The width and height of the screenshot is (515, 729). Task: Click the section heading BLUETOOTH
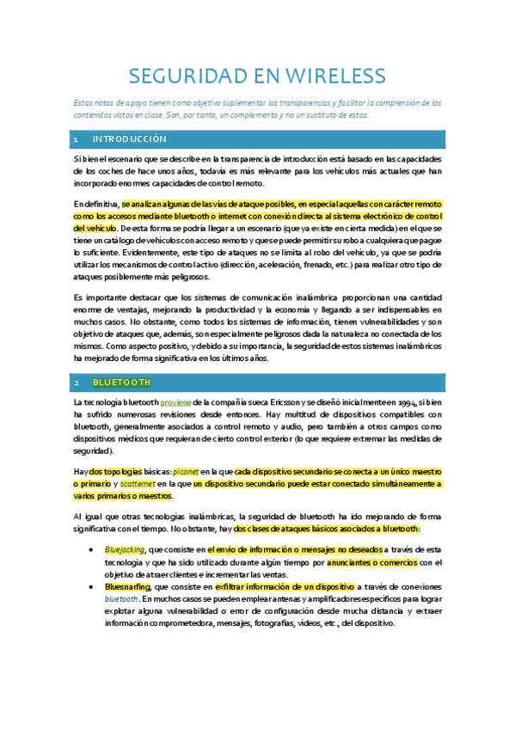pyautogui.click(x=121, y=382)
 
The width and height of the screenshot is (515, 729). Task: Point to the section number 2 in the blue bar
pyautogui.click(x=77, y=382)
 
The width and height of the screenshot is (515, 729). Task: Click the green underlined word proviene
pyautogui.click(x=176, y=402)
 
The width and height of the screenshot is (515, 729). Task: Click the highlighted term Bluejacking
pyautogui.click(x=126, y=548)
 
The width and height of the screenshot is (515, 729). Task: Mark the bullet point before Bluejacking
pyautogui.click(x=92, y=548)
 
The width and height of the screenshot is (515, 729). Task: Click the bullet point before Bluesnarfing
pyautogui.click(x=92, y=586)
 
